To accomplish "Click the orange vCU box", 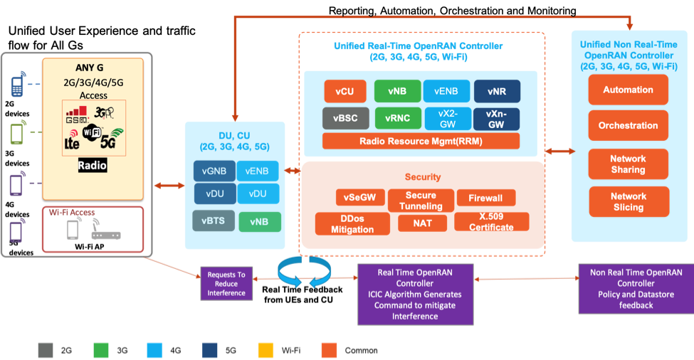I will coord(346,92).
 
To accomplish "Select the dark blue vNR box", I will coord(497,92).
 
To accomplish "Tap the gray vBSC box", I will coord(346,118).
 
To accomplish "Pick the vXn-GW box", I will coord(497,118).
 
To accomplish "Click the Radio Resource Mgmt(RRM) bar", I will coord(421,141).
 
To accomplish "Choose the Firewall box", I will coord(485,198).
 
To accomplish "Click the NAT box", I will coord(424,223).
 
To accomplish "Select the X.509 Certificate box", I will coord(491,222).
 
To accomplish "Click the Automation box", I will coord(628,90).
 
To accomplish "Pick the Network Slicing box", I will coord(628,202).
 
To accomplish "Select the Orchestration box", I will coord(628,125).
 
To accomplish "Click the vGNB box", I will coord(214,171).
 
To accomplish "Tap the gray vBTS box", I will coord(213,221).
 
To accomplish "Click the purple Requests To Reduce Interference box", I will coord(226,283).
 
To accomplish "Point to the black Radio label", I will coord(93,166).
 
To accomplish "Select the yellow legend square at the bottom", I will coord(265,350).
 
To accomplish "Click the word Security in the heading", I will coord(423,176).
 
